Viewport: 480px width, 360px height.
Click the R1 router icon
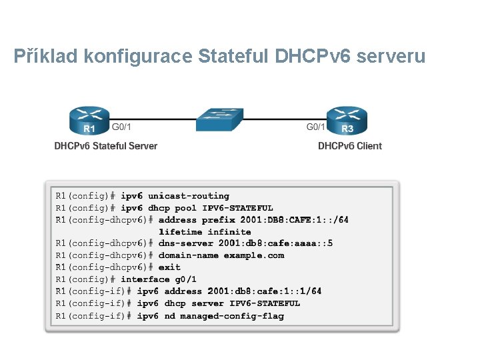pyautogui.click(x=89, y=121)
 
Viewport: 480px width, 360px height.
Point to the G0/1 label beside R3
pyautogui.click(x=316, y=125)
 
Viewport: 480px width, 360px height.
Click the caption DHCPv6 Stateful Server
pyautogui.click(x=106, y=146)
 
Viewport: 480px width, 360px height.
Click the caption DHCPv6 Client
pyautogui.click(x=350, y=146)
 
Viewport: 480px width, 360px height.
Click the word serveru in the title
pyautogui.click(x=391, y=57)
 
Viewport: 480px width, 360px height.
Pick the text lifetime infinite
pyautogui.click(x=205, y=232)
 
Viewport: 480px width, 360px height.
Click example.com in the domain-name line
pyautogui.click(x=254, y=255)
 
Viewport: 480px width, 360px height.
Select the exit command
pyautogui.click(x=169, y=267)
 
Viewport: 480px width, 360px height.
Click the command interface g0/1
pyautogui.click(x=159, y=279)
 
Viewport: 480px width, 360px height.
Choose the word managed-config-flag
pyautogui.click(x=232, y=315)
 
